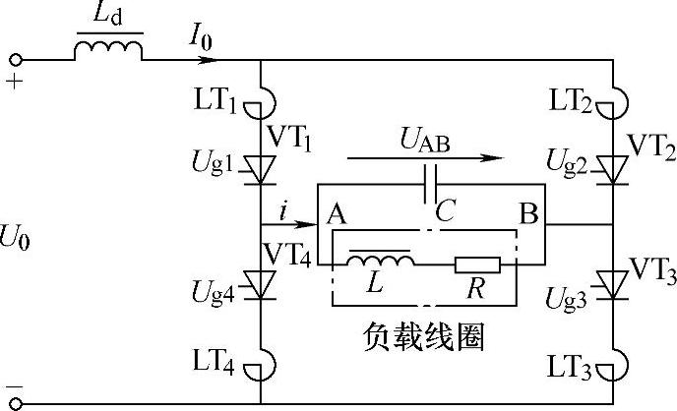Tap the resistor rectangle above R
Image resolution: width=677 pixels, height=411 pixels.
coord(476,264)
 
